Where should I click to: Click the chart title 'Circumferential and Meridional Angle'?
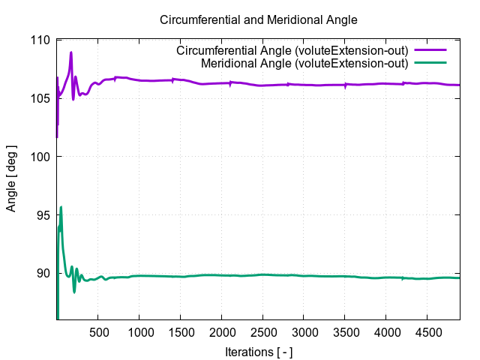[258, 19]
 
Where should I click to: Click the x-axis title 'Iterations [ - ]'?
[259, 351]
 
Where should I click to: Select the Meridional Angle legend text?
[304, 63]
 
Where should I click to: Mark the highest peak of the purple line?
[71, 52]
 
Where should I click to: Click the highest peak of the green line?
[61, 207]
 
